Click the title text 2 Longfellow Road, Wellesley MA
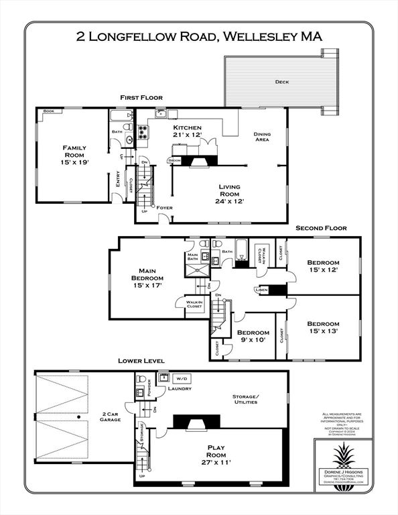(x=199, y=37)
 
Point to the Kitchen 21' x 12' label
(x=188, y=131)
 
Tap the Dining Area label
(x=262, y=137)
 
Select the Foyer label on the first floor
(x=164, y=208)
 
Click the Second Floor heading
(x=322, y=228)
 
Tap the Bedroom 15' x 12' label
(x=323, y=266)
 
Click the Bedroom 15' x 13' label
(x=323, y=327)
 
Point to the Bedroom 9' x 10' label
(x=253, y=336)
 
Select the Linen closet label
(x=262, y=290)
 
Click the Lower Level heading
(x=143, y=361)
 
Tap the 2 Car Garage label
(x=111, y=418)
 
